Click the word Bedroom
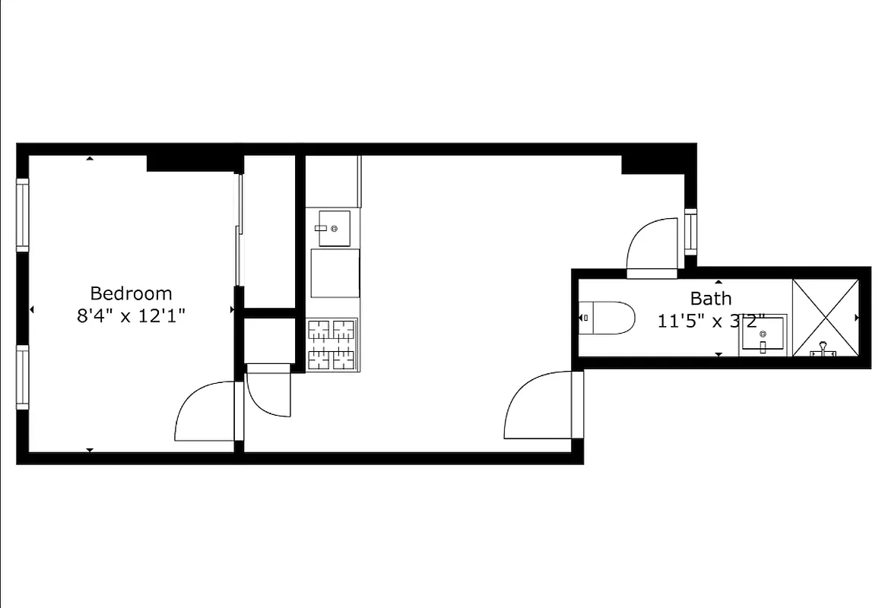[x=131, y=293]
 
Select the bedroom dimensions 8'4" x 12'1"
[x=131, y=315]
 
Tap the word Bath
[x=711, y=298]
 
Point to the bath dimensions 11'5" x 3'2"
[x=710, y=321]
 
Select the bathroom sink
[x=762, y=336]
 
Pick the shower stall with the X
[x=826, y=317]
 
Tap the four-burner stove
[x=332, y=344]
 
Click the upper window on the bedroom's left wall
[x=23, y=214]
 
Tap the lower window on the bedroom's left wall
[x=23, y=377]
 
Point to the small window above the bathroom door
[x=690, y=231]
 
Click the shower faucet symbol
[x=822, y=350]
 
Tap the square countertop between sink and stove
[x=335, y=273]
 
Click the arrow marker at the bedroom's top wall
[x=90, y=158]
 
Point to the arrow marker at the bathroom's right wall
[x=858, y=318]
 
